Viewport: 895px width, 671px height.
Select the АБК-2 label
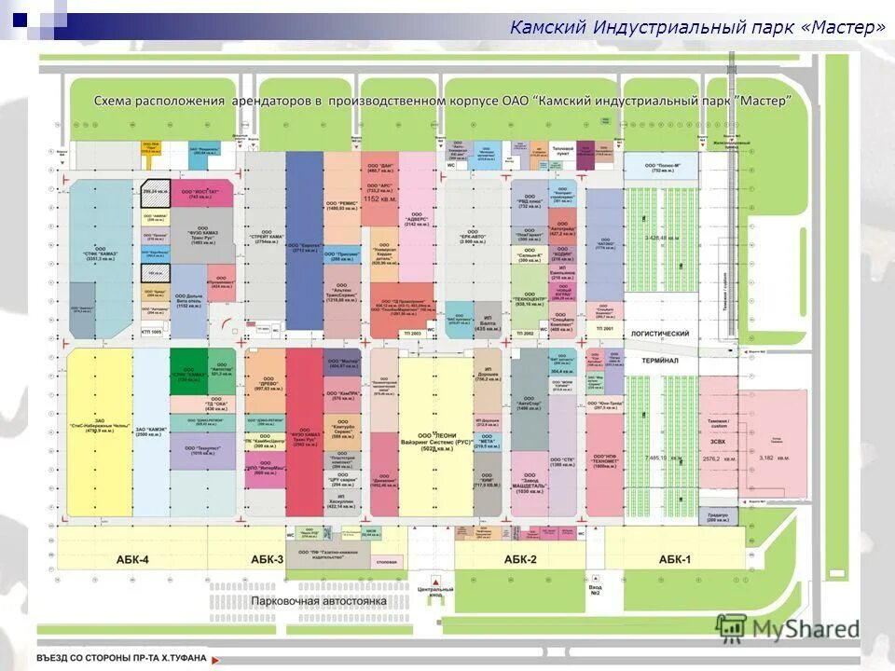coord(520,559)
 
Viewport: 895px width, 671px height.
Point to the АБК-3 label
coord(267,559)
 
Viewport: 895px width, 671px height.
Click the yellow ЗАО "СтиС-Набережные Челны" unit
coord(97,428)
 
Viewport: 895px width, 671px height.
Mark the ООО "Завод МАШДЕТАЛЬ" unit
coord(529,485)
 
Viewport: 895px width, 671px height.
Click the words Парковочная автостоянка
coord(319,601)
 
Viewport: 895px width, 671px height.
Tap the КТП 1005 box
coord(150,331)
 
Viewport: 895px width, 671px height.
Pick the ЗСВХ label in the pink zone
coord(718,442)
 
